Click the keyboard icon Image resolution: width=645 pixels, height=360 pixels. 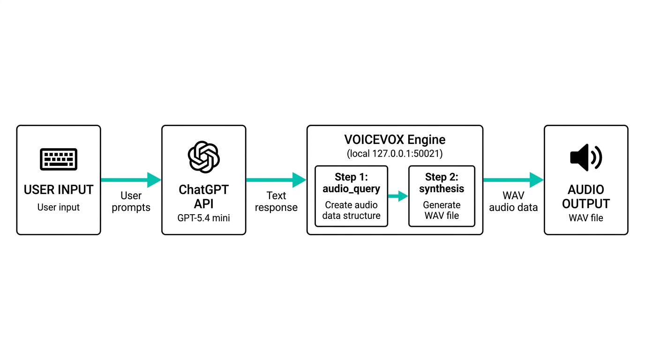(59, 159)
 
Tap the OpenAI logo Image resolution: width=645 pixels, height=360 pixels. (203, 157)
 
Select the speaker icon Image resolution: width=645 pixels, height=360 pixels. (585, 157)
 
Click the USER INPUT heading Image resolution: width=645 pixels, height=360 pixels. (59, 190)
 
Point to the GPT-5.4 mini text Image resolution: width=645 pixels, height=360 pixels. (204, 218)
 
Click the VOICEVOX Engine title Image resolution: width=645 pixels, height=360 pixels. (395, 140)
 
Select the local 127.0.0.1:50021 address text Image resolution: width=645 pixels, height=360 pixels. (395, 153)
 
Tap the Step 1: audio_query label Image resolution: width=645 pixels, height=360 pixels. (351, 183)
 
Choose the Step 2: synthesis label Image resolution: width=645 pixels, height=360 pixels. (442, 183)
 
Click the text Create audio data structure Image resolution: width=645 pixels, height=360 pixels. (351, 210)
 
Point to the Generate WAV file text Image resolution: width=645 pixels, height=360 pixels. (442, 210)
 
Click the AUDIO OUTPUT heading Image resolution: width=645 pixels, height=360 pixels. (586, 197)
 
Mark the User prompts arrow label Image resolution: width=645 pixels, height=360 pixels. (131, 202)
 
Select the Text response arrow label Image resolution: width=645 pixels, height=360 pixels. (276, 202)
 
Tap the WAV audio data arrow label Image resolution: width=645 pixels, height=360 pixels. (513, 202)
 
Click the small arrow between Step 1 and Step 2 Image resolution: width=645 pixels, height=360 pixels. (398, 196)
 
